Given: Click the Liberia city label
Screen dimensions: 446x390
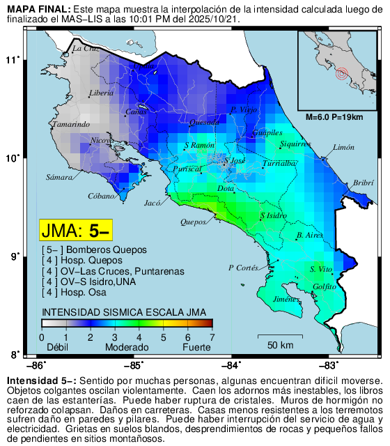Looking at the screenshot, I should (102, 93).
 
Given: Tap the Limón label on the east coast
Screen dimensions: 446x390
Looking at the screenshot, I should (344, 148).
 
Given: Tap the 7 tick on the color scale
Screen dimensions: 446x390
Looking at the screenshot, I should (212, 337).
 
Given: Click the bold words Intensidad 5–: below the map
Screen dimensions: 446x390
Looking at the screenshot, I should (42, 381).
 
